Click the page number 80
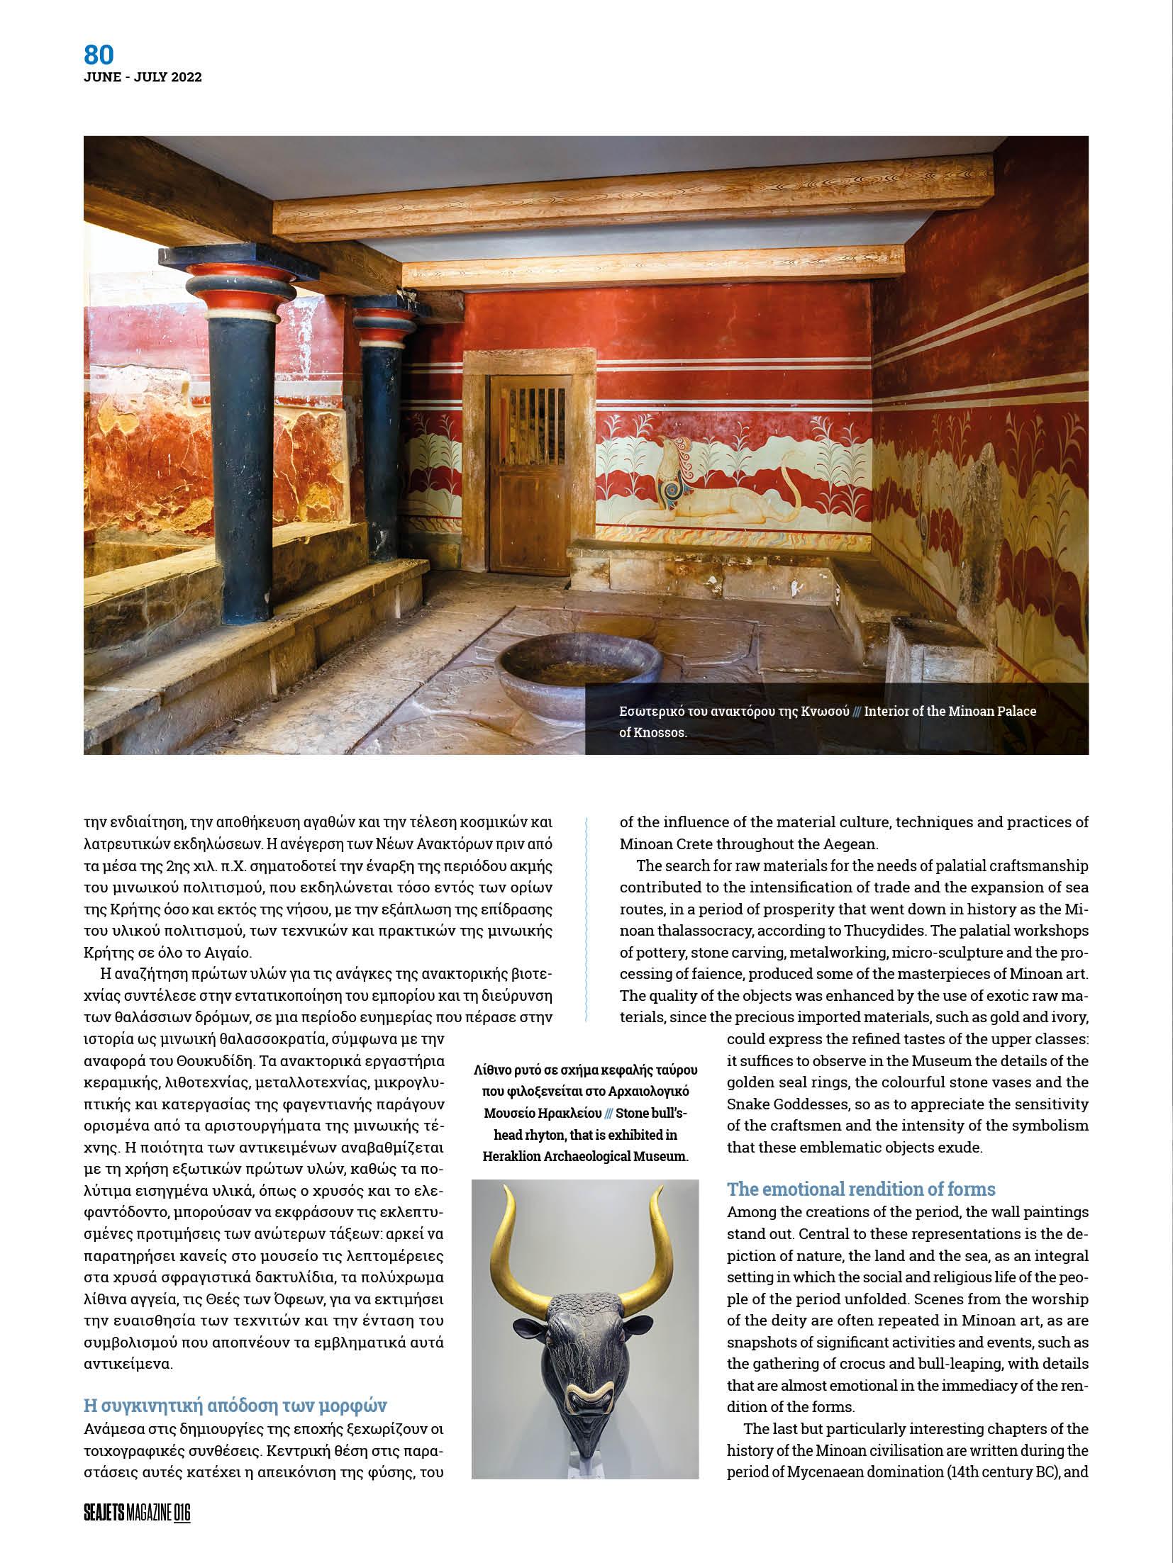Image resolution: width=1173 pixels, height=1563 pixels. tap(99, 55)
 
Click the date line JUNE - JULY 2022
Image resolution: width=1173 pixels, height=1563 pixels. tap(143, 77)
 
